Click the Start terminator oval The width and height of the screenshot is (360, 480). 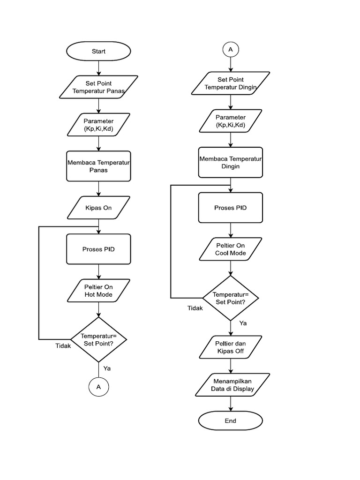click(98, 52)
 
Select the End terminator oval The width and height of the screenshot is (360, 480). click(230, 420)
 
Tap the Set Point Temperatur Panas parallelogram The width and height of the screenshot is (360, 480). click(98, 87)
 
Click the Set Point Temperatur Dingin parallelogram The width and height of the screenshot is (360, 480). click(231, 83)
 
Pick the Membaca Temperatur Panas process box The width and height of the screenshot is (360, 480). click(98, 166)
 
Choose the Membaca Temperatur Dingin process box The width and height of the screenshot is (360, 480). click(231, 162)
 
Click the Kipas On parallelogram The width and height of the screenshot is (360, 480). click(98, 207)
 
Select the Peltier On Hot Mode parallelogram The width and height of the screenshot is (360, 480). click(98, 291)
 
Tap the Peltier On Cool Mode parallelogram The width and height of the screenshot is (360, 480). click(231, 249)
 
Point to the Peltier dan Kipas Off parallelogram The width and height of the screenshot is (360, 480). click(231, 347)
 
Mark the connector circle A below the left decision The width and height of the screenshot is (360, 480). click(98, 387)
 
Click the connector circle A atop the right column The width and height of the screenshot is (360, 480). click(230, 50)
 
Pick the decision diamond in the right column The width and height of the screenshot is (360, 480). click(231, 298)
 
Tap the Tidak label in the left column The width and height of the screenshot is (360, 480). click(63, 346)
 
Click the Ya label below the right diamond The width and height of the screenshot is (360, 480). click(243, 323)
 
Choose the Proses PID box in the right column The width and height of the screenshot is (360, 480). click(231, 207)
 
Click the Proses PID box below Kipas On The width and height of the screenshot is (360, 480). click(98, 249)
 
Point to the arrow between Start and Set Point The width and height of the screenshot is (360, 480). click(98, 67)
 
